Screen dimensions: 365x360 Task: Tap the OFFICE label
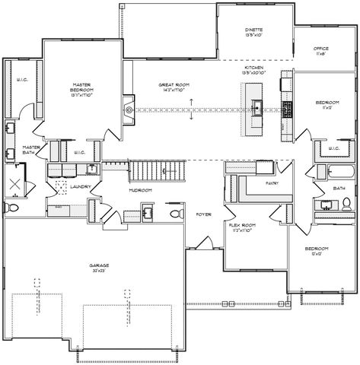coord(320,51)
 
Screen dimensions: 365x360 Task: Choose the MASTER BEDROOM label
coord(82,88)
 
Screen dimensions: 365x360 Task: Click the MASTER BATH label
coord(31,150)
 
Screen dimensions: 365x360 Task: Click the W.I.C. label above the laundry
coord(79,152)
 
